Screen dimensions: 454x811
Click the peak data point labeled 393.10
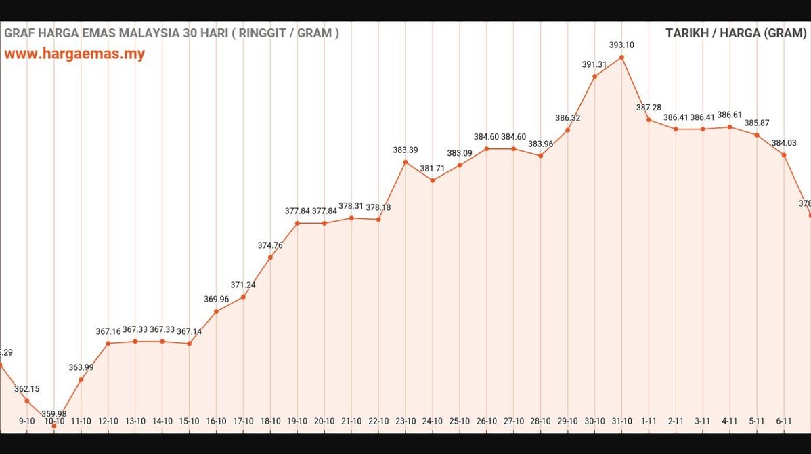click(x=621, y=58)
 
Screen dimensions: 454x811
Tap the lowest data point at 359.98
click(x=54, y=426)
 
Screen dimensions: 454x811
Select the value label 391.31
click(x=594, y=64)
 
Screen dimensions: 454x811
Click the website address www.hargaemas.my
click(x=74, y=54)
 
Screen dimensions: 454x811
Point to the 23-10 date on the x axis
click(x=405, y=421)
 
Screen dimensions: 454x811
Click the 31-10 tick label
click(x=621, y=421)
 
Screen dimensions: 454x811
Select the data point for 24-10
click(x=433, y=180)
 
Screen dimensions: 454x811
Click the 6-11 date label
click(x=784, y=421)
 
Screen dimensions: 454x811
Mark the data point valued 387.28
click(x=649, y=120)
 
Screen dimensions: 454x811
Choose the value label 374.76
click(x=270, y=245)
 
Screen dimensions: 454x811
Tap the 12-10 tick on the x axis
click(x=108, y=421)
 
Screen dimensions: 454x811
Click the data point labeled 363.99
click(x=81, y=379)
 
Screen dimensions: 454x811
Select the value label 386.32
click(x=567, y=118)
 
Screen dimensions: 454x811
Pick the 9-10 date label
click(x=27, y=421)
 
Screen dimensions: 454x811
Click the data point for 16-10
click(x=216, y=312)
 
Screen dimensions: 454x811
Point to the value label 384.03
click(x=784, y=143)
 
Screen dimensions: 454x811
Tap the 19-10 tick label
click(x=297, y=421)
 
